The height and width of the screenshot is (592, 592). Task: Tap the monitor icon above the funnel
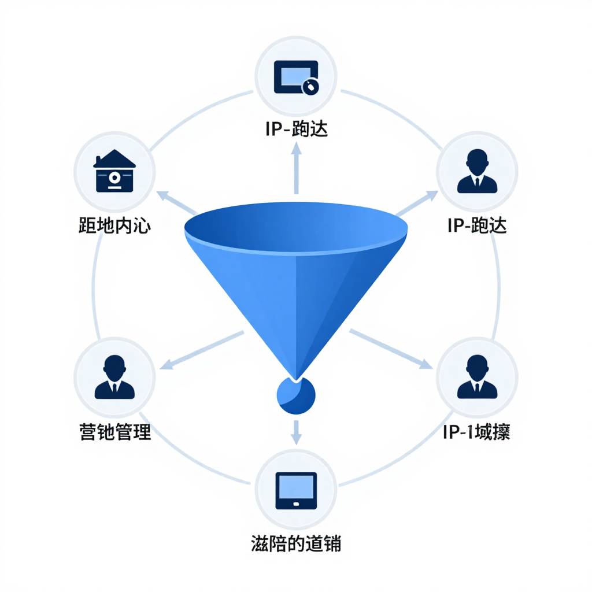click(x=295, y=77)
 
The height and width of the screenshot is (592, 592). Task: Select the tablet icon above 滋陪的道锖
click(x=296, y=491)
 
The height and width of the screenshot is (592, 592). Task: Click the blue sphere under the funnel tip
click(x=296, y=396)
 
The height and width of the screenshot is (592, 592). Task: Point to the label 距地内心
click(x=114, y=225)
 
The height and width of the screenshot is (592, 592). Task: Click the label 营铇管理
click(x=114, y=432)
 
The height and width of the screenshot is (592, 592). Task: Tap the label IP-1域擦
click(x=476, y=432)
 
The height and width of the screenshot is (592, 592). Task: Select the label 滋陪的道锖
click(x=296, y=543)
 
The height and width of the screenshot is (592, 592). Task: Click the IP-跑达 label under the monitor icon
click(x=296, y=128)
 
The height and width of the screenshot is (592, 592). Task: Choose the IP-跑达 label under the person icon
click(x=477, y=225)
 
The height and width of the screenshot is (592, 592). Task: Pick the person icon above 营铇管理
click(x=114, y=377)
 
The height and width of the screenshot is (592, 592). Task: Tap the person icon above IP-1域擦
click(x=477, y=377)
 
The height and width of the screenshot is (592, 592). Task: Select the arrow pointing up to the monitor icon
click(x=296, y=168)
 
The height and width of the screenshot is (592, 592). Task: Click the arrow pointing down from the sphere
click(x=296, y=432)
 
